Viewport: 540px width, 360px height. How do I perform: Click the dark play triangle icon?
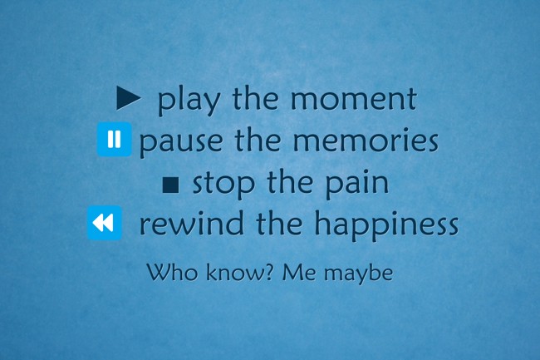coord(128,98)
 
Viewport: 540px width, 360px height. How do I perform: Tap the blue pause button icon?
coord(115,139)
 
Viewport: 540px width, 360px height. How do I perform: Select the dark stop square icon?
coord(170,185)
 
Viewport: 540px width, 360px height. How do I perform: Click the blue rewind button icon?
coord(105,223)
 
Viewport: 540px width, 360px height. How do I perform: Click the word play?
coord(189,101)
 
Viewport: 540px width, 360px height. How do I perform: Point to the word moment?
coord(354,99)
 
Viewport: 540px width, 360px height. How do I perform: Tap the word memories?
coord(366,140)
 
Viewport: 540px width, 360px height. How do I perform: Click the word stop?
coord(223,185)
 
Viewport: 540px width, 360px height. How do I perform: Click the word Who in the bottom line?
coord(173,272)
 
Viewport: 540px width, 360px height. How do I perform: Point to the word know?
coord(240,272)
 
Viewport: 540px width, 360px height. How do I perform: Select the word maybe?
coord(359,274)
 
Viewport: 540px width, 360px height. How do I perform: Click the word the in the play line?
coord(255,98)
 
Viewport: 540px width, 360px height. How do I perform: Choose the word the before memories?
coord(258,140)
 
